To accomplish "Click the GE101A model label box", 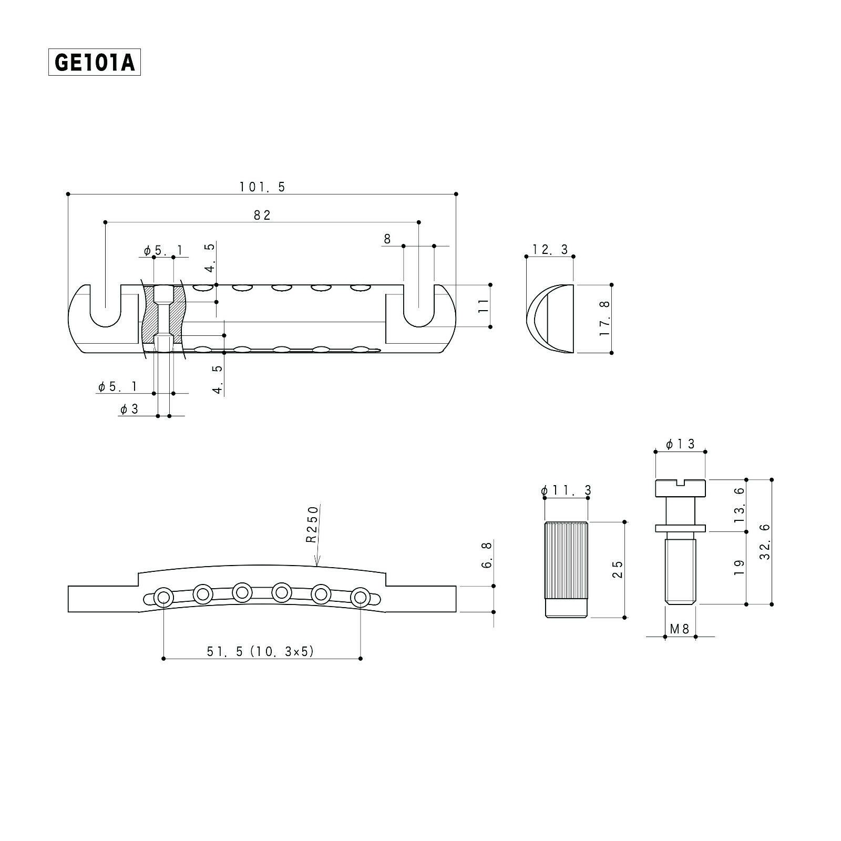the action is click(x=95, y=63).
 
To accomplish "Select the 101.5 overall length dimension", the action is click(x=262, y=187).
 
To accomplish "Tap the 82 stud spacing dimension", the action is click(x=262, y=215).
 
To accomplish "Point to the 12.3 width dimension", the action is click(x=550, y=249).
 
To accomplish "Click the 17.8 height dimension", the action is click(x=604, y=319).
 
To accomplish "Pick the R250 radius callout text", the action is click(x=313, y=524).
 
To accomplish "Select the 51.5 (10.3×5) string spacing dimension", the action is click(x=260, y=651).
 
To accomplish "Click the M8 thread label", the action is click(x=680, y=628).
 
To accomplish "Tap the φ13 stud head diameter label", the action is click(x=680, y=444).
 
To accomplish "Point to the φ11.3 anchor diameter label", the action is click(x=566, y=490).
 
